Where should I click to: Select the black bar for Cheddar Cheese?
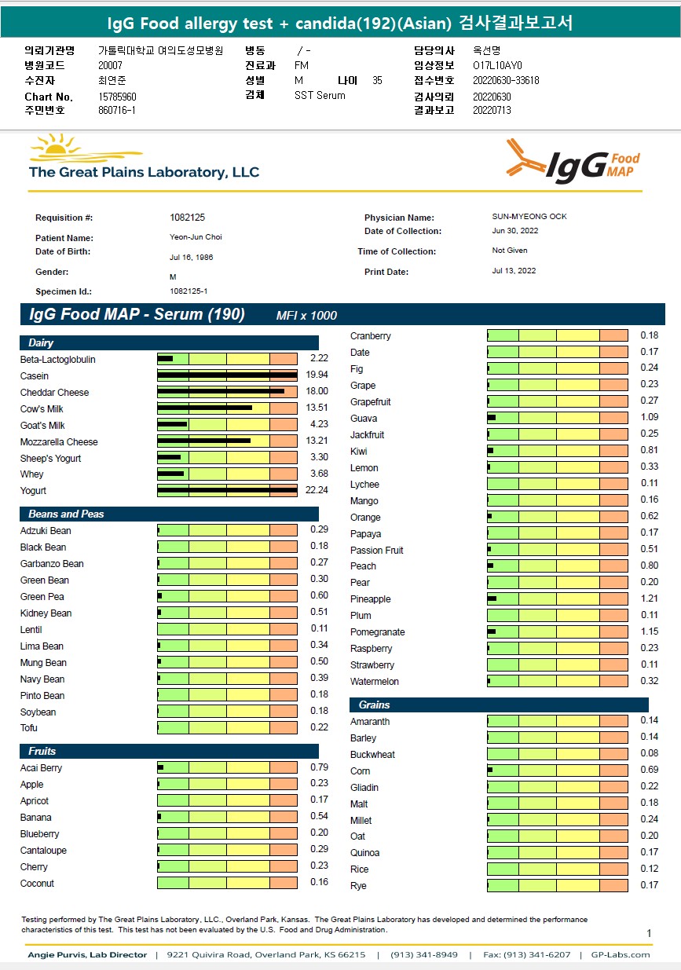point(221,390)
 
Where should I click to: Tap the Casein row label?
point(35,376)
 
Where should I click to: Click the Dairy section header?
point(41,343)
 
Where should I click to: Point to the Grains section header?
point(374,705)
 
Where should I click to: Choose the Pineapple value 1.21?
point(649,599)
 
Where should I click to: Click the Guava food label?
point(364,419)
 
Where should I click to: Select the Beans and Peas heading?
point(66,514)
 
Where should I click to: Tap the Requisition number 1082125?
point(187,218)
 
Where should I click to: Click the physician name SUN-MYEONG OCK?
point(524,217)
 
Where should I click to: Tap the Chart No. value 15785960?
point(118,97)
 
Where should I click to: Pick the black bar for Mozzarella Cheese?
point(204,440)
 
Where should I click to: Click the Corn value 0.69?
point(649,771)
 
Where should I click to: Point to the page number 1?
point(649,933)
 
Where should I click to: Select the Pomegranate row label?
point(378,632)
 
